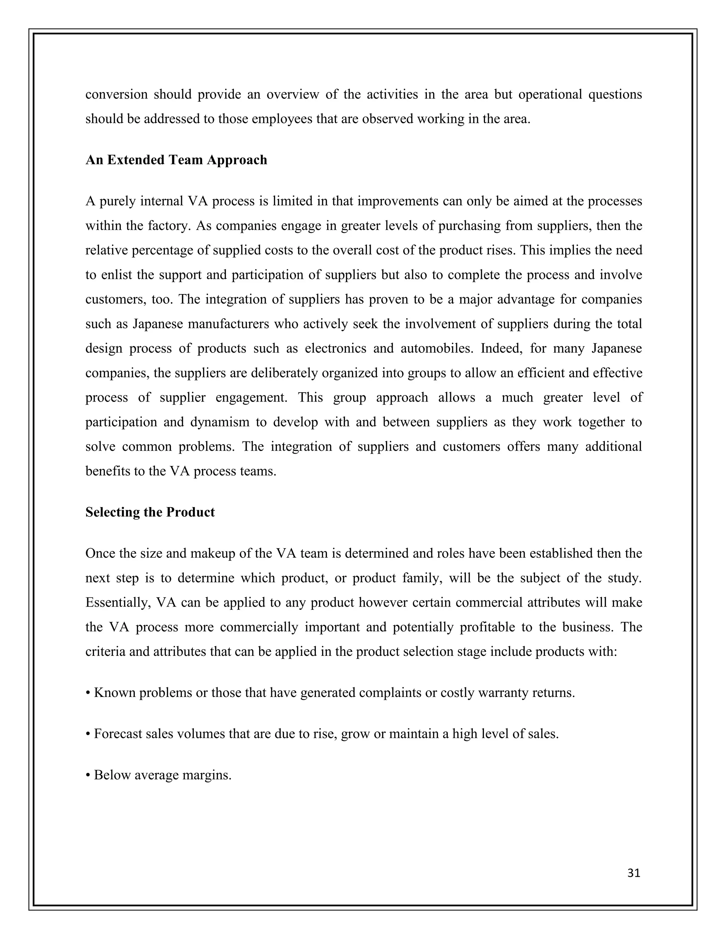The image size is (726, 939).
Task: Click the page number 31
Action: tap(633, 873)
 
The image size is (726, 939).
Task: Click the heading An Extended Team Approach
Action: tap(176, 160)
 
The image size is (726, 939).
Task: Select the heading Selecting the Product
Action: tap(150, 512)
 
